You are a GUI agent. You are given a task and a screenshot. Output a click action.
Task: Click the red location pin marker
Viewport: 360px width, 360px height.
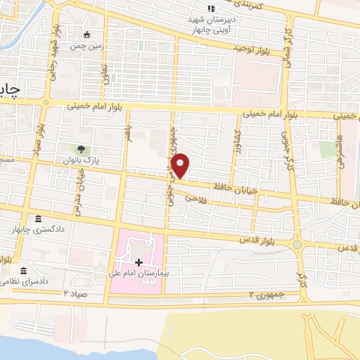[x=181, y=165]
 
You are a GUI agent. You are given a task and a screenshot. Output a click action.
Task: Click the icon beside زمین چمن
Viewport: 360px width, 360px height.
[x=86, y=34]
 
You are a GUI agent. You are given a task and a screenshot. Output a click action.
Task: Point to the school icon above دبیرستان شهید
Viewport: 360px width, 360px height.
[x=210, y=8]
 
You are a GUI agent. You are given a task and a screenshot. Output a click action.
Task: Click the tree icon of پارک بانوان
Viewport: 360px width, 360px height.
[x=81, y=149]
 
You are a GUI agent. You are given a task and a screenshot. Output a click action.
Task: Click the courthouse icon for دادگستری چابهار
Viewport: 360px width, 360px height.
[x=37, y=219]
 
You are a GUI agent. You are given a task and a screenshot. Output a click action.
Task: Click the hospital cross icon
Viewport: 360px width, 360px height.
[x=148, y=262]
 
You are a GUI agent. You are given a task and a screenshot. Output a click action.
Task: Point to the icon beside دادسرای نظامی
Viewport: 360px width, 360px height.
[x=23, y=271]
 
